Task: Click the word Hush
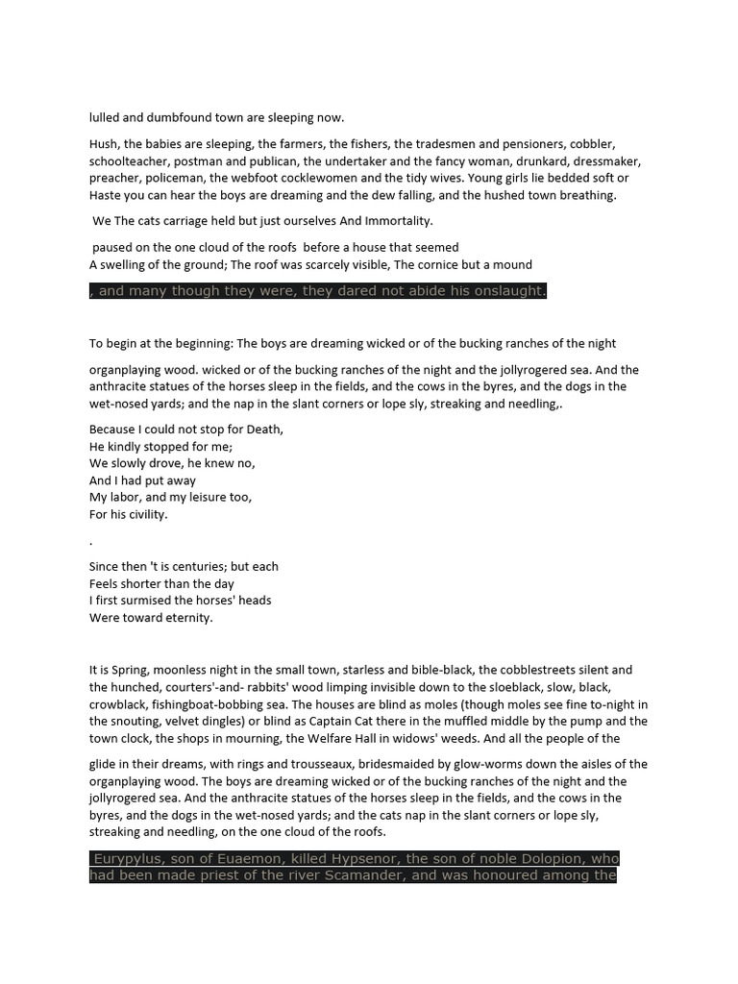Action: tap(104, 144)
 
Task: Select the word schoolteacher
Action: tap(128, 161)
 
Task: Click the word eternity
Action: tap(182, 618)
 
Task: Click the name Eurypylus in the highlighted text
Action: tap(131, 857)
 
